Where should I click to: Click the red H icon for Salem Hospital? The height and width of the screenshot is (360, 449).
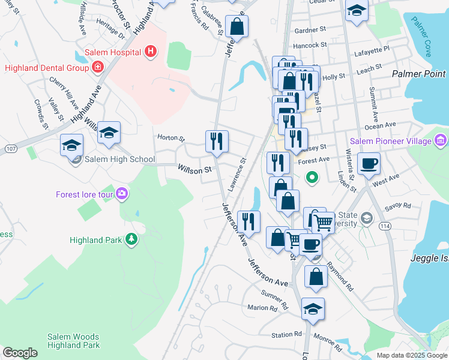coord(151,52)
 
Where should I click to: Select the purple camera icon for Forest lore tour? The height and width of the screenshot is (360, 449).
coord(122,194)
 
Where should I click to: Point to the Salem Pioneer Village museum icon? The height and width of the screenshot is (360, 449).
coord(441,141)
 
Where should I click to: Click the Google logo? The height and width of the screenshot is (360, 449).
coord(20,352)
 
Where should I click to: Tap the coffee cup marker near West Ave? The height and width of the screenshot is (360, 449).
coord(369,163)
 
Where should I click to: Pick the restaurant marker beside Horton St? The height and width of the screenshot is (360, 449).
coord(217,141)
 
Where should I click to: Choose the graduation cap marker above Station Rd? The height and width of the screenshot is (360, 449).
coord(313,309)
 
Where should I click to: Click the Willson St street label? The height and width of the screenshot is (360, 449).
coord(195,170)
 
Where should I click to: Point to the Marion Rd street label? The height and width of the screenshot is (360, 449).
coord(262,308)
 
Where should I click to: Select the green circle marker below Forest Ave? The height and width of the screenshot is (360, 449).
coord(312,178)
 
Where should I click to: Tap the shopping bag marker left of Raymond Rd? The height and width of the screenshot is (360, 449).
coord(316,277)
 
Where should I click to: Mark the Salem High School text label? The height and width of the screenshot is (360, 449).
coord(119,160)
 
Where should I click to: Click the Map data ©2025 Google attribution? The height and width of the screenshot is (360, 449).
coord(411,355)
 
